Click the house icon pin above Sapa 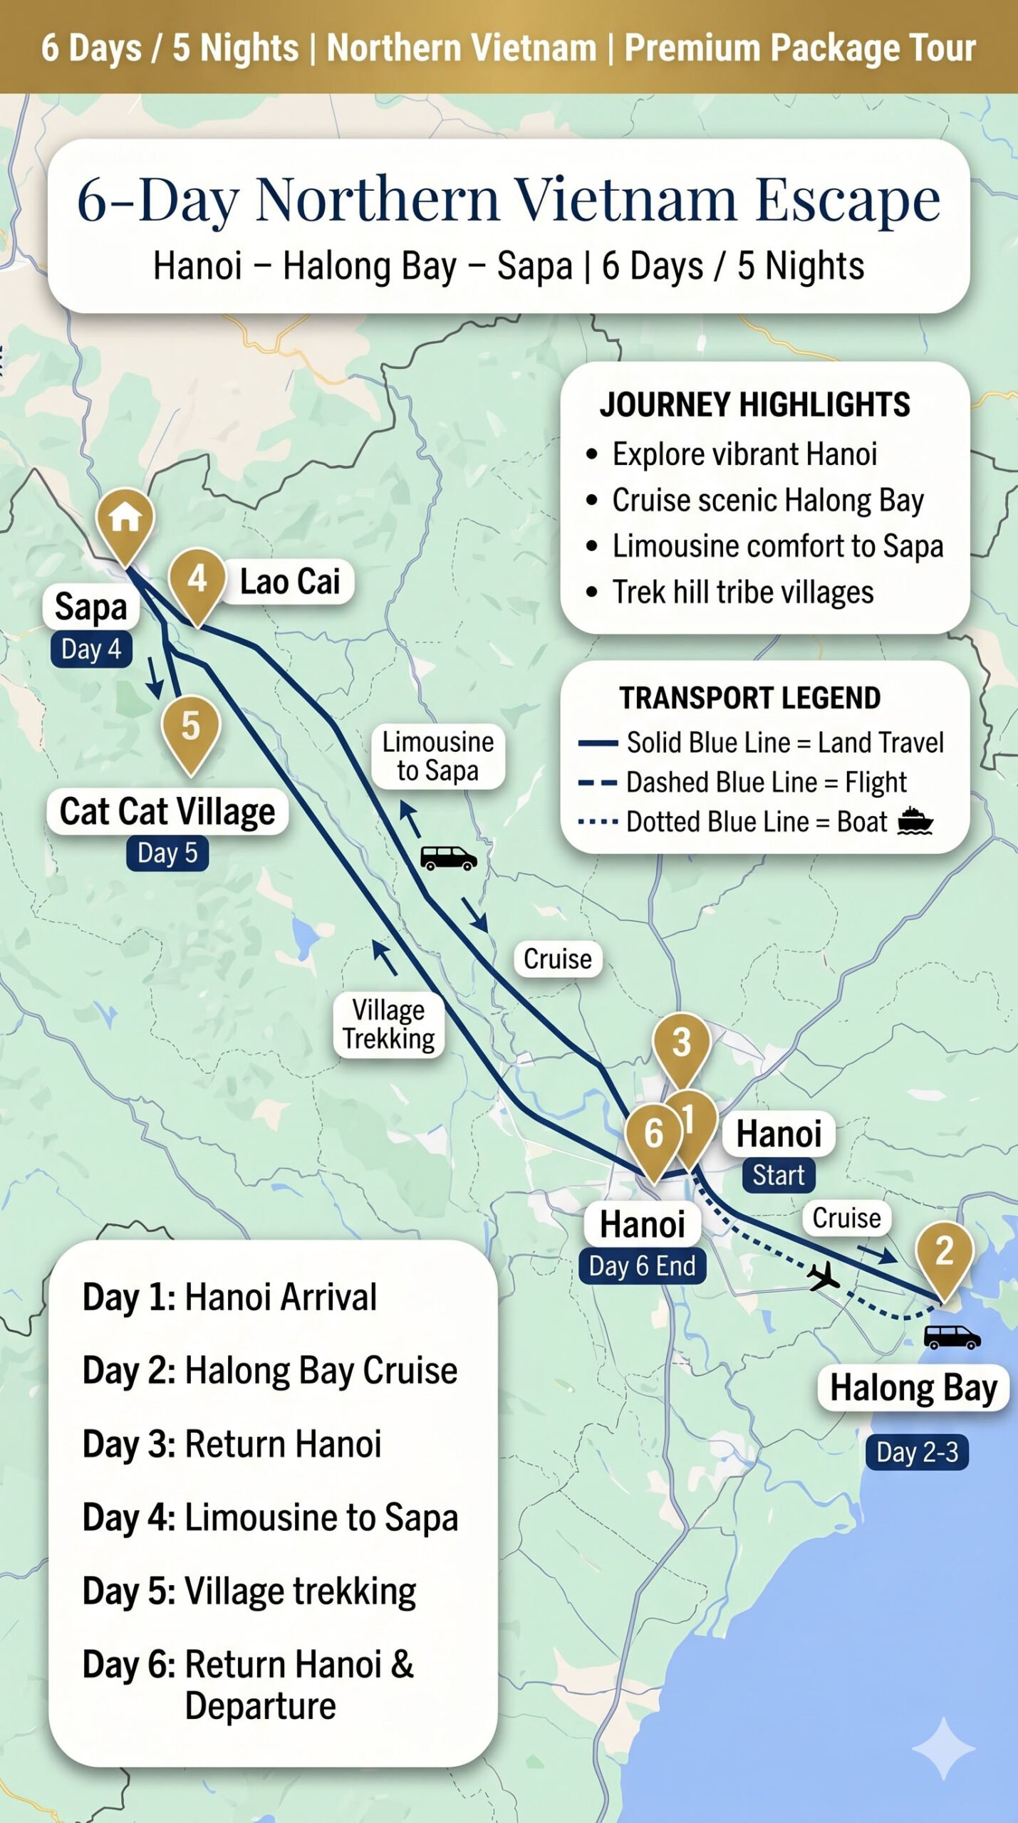[x=125, y=518]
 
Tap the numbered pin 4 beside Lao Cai [x=197, y=580]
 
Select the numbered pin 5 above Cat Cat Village [x=190, y=727]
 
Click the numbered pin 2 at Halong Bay [x=944, y=1252]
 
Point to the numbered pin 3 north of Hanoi [x=681, y=1043]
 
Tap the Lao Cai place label [x=289, y=582]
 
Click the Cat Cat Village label [x=167, y=811]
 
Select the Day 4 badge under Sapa [x=91, y=649]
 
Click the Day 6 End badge [x=642, y=1266]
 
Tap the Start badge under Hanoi [x=778, y=1175]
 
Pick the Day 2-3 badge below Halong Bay [x=917, y=1452]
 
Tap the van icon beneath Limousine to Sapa [x=448, y=857]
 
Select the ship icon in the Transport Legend [x=915, y=821]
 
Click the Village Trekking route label [x=388, y=1024]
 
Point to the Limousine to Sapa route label [x=437, y=756]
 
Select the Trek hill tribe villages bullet [x=742, y=592]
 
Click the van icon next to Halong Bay [x=952, y=1337]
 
